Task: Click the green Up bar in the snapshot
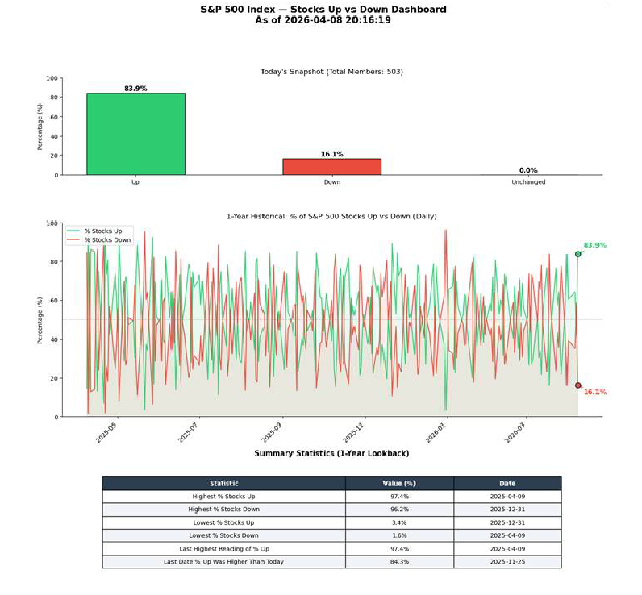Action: click(x=135, y=134)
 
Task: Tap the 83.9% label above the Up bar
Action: click(x=135, y=89)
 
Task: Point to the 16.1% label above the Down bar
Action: click(x=331, y=154)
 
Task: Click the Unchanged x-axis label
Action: click(x=528, y=182)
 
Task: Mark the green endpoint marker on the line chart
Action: click(x=577, y=254)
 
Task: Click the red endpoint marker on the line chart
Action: click(x=577, y=385)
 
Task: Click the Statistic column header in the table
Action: click(x=223, y=483)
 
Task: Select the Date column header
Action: click(x=507, y=483)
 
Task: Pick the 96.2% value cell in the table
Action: click(x=399, y=510)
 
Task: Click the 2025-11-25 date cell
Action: click(x=507, y=561)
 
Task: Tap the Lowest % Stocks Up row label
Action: click(x=223, y=522)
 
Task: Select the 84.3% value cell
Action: click(x=399, y=561)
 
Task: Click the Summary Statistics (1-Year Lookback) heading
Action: click(x=331, y=454)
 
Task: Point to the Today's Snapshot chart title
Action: click(x=331, y=72)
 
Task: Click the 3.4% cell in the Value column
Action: click(x=399, y=522)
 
